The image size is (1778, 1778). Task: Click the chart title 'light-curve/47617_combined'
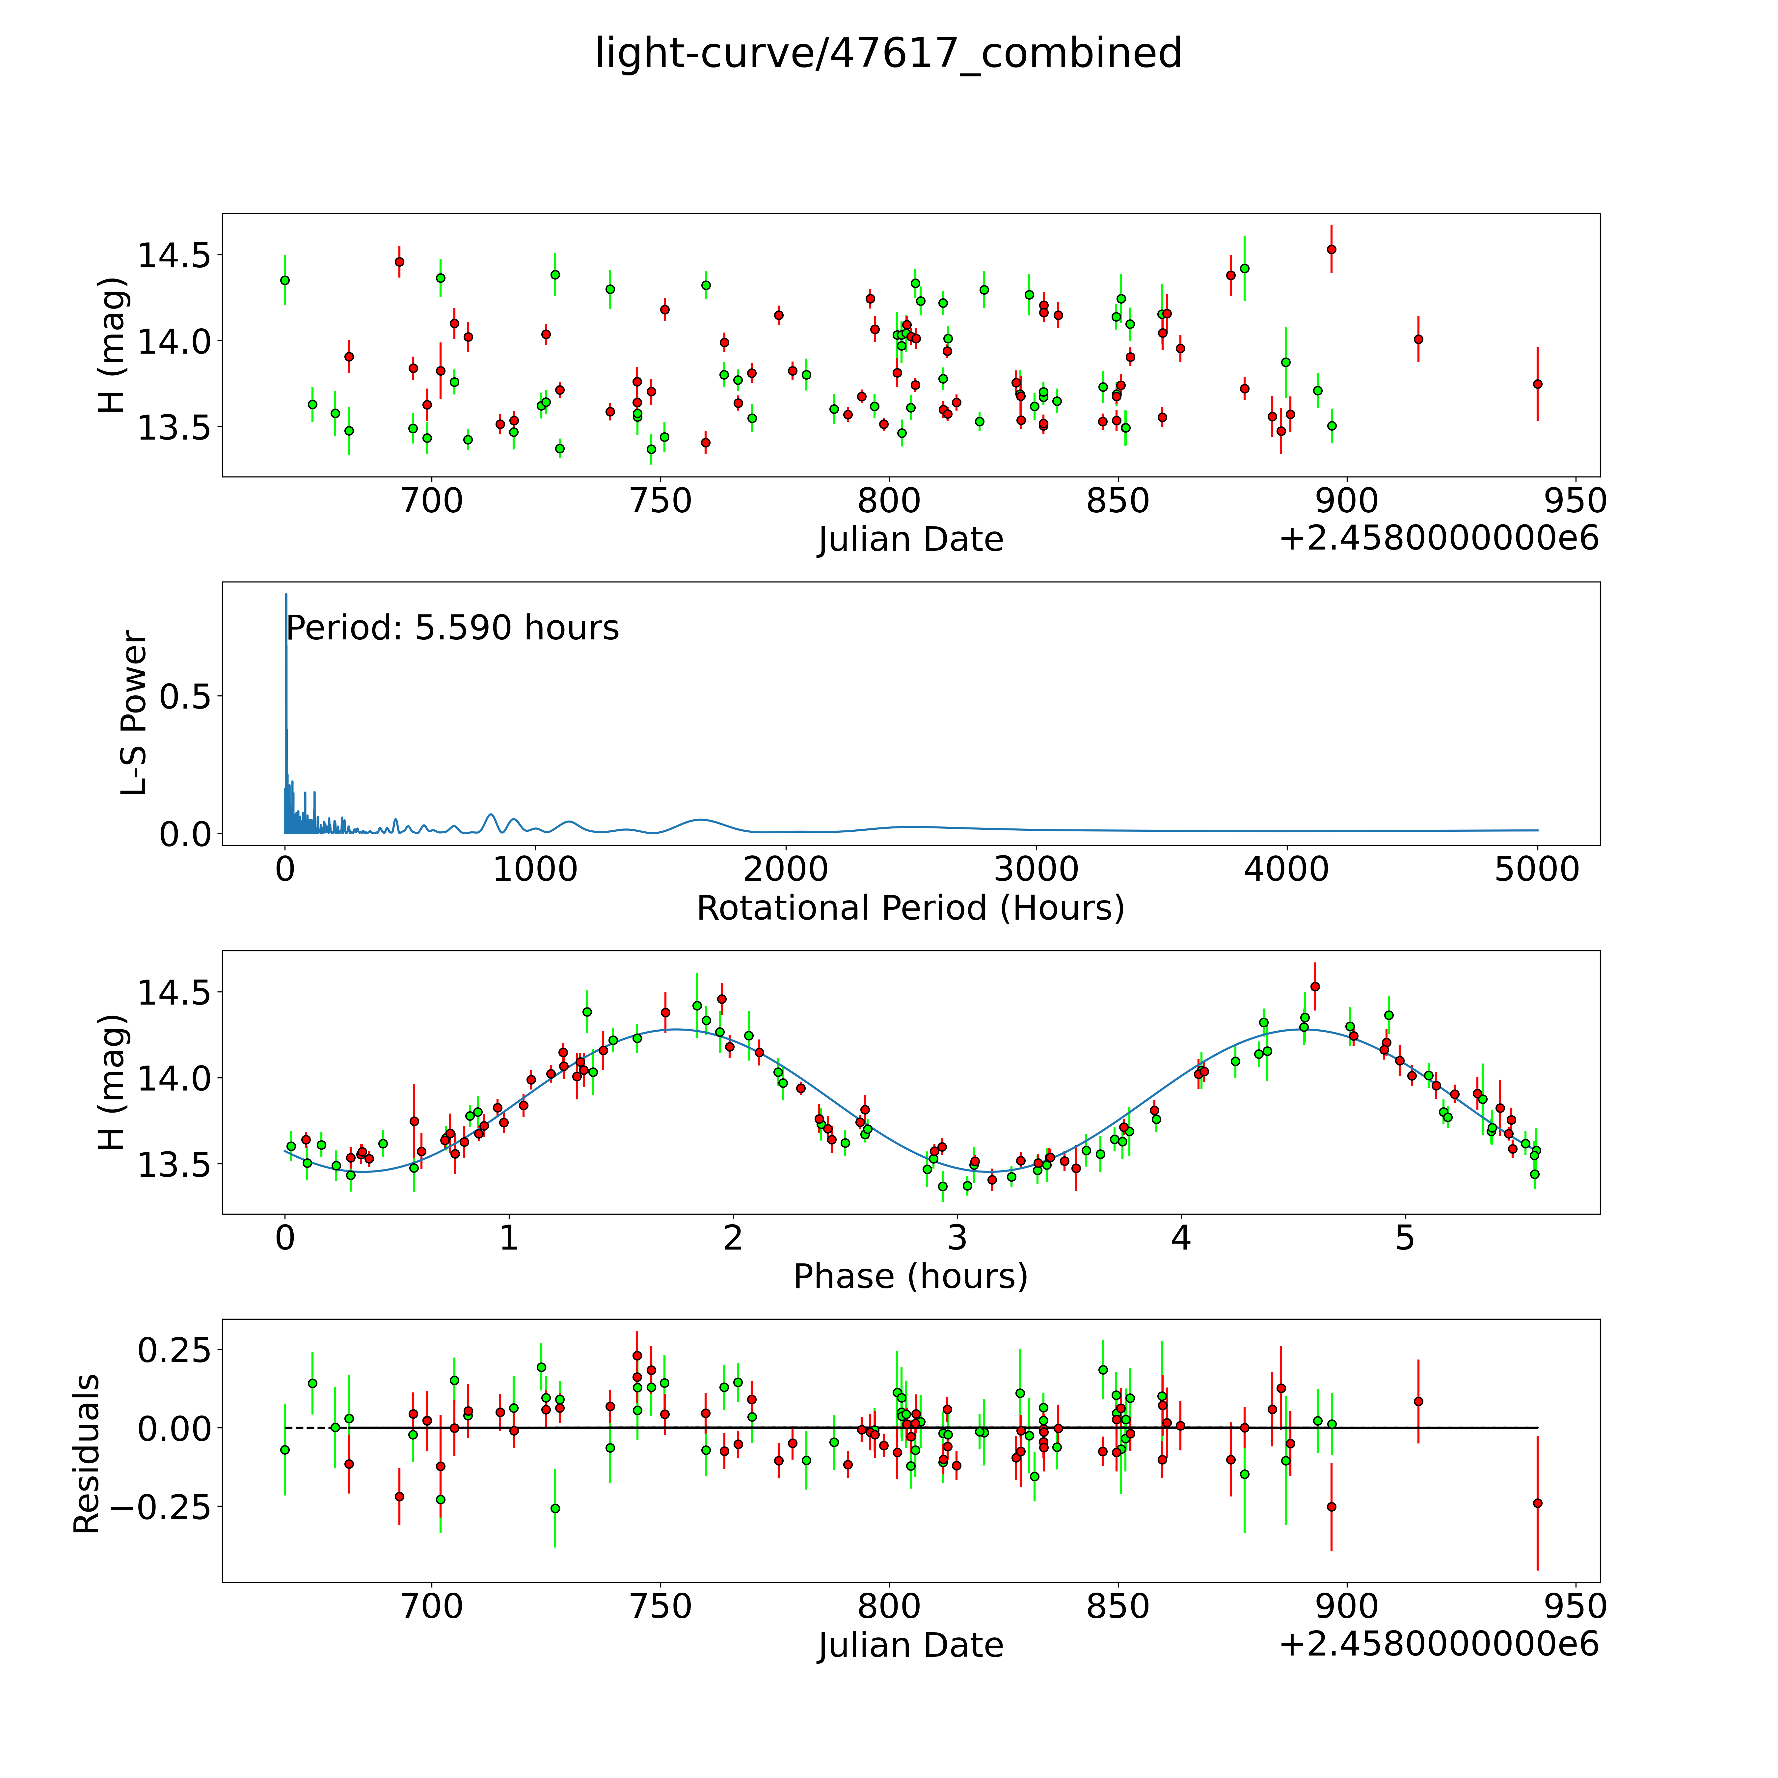(x=888, y=53)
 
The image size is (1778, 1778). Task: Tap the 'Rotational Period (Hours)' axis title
(x=910, y=908)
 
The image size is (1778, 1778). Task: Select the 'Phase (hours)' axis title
(x=910, y=1277)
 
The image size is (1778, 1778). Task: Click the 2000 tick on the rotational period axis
(x=786, y=870)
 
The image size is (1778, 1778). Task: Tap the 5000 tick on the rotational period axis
(x=1537, y=870)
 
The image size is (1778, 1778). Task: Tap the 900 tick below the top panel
(x=1347, y=501)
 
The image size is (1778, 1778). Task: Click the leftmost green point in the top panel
(x=285, y=280)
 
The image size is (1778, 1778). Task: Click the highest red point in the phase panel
(x=1315, y=985)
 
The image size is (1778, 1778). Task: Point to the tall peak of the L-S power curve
(x=286, y=596)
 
